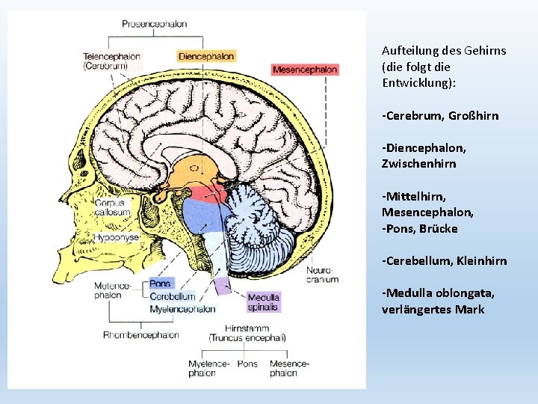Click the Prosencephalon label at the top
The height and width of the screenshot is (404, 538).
(x=155, y=24)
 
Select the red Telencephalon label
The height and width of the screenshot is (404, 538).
(x=112, y=56)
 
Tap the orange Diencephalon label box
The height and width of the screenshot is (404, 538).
(x=206, y=56)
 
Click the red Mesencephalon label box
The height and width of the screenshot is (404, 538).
(x=305, y=70)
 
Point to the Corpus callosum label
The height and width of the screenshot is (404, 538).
(x=112, y=206)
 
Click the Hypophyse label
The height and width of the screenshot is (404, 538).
(x=117, y=237)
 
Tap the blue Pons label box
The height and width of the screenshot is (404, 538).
(x=160, y=284)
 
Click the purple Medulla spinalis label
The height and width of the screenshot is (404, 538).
(x=264, y=302)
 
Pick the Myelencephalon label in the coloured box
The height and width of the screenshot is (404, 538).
(x=182, y=308)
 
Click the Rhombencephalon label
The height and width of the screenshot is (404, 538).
(x=141, y=334)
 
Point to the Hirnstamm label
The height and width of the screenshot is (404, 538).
(x=247, y=328)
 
